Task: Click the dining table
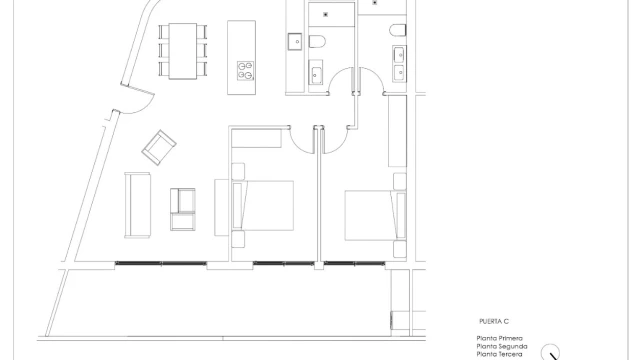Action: (x=182, y=51)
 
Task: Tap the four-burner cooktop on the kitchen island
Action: (x=245, y=70)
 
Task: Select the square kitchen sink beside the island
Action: (x=295, y=42)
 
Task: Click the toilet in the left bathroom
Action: (x=317, y=41)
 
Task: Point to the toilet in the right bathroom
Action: (x=398, y=30)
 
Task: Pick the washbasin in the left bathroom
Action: (x=316, y=73)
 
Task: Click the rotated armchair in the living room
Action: (x=159, y=147)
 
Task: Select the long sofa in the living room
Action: (x=137, y=205)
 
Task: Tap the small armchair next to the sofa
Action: (x=182, y=209)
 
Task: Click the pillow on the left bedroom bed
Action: (x=238, y=205)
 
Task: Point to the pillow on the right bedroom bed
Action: (x=399, y=215)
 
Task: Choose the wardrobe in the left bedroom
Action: (x=256, y=138)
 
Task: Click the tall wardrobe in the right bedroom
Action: (x=397, y=131)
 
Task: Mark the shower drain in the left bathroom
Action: (x=325, y=15)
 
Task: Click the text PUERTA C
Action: (x=494, y=322)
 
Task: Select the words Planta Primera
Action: (x=500, y=338)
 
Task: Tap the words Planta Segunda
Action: (x=502, y=346)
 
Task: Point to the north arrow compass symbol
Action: (x=550, y=352)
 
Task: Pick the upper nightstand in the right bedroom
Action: (x=400, y=181)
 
